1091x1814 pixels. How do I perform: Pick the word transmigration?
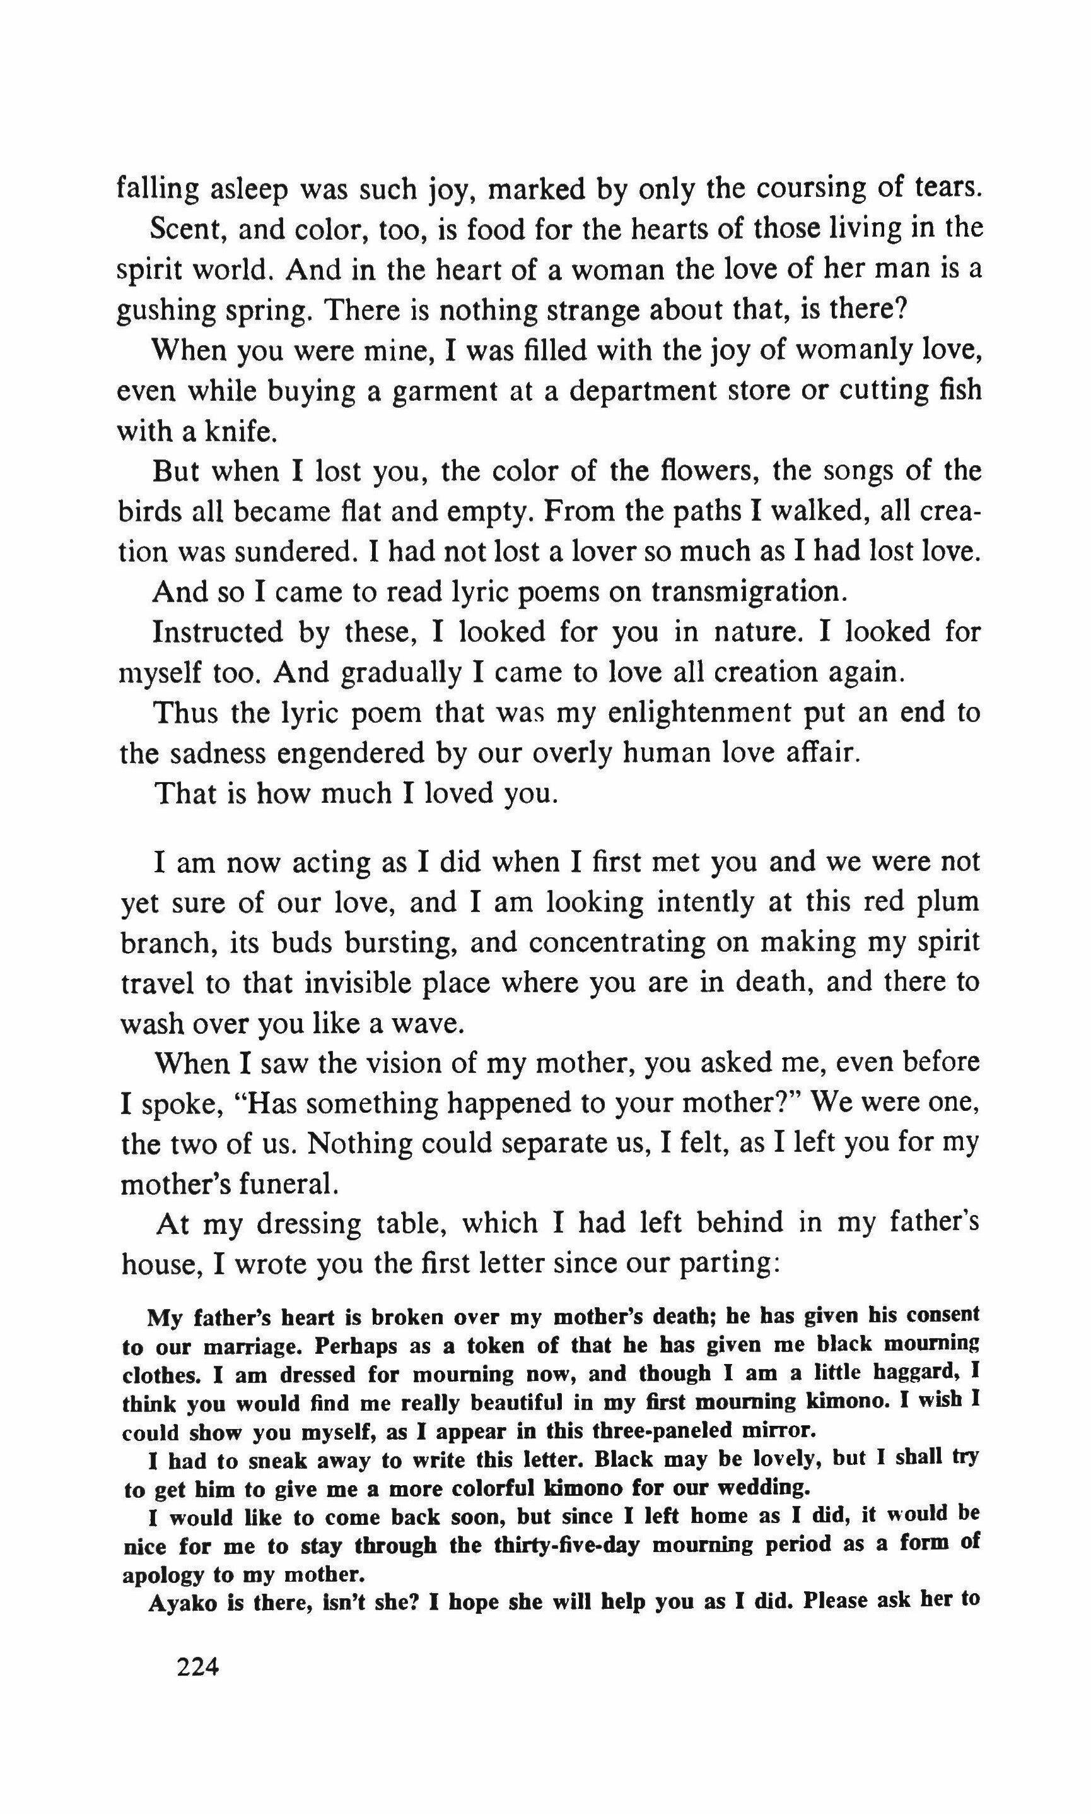(x=744, y=591)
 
